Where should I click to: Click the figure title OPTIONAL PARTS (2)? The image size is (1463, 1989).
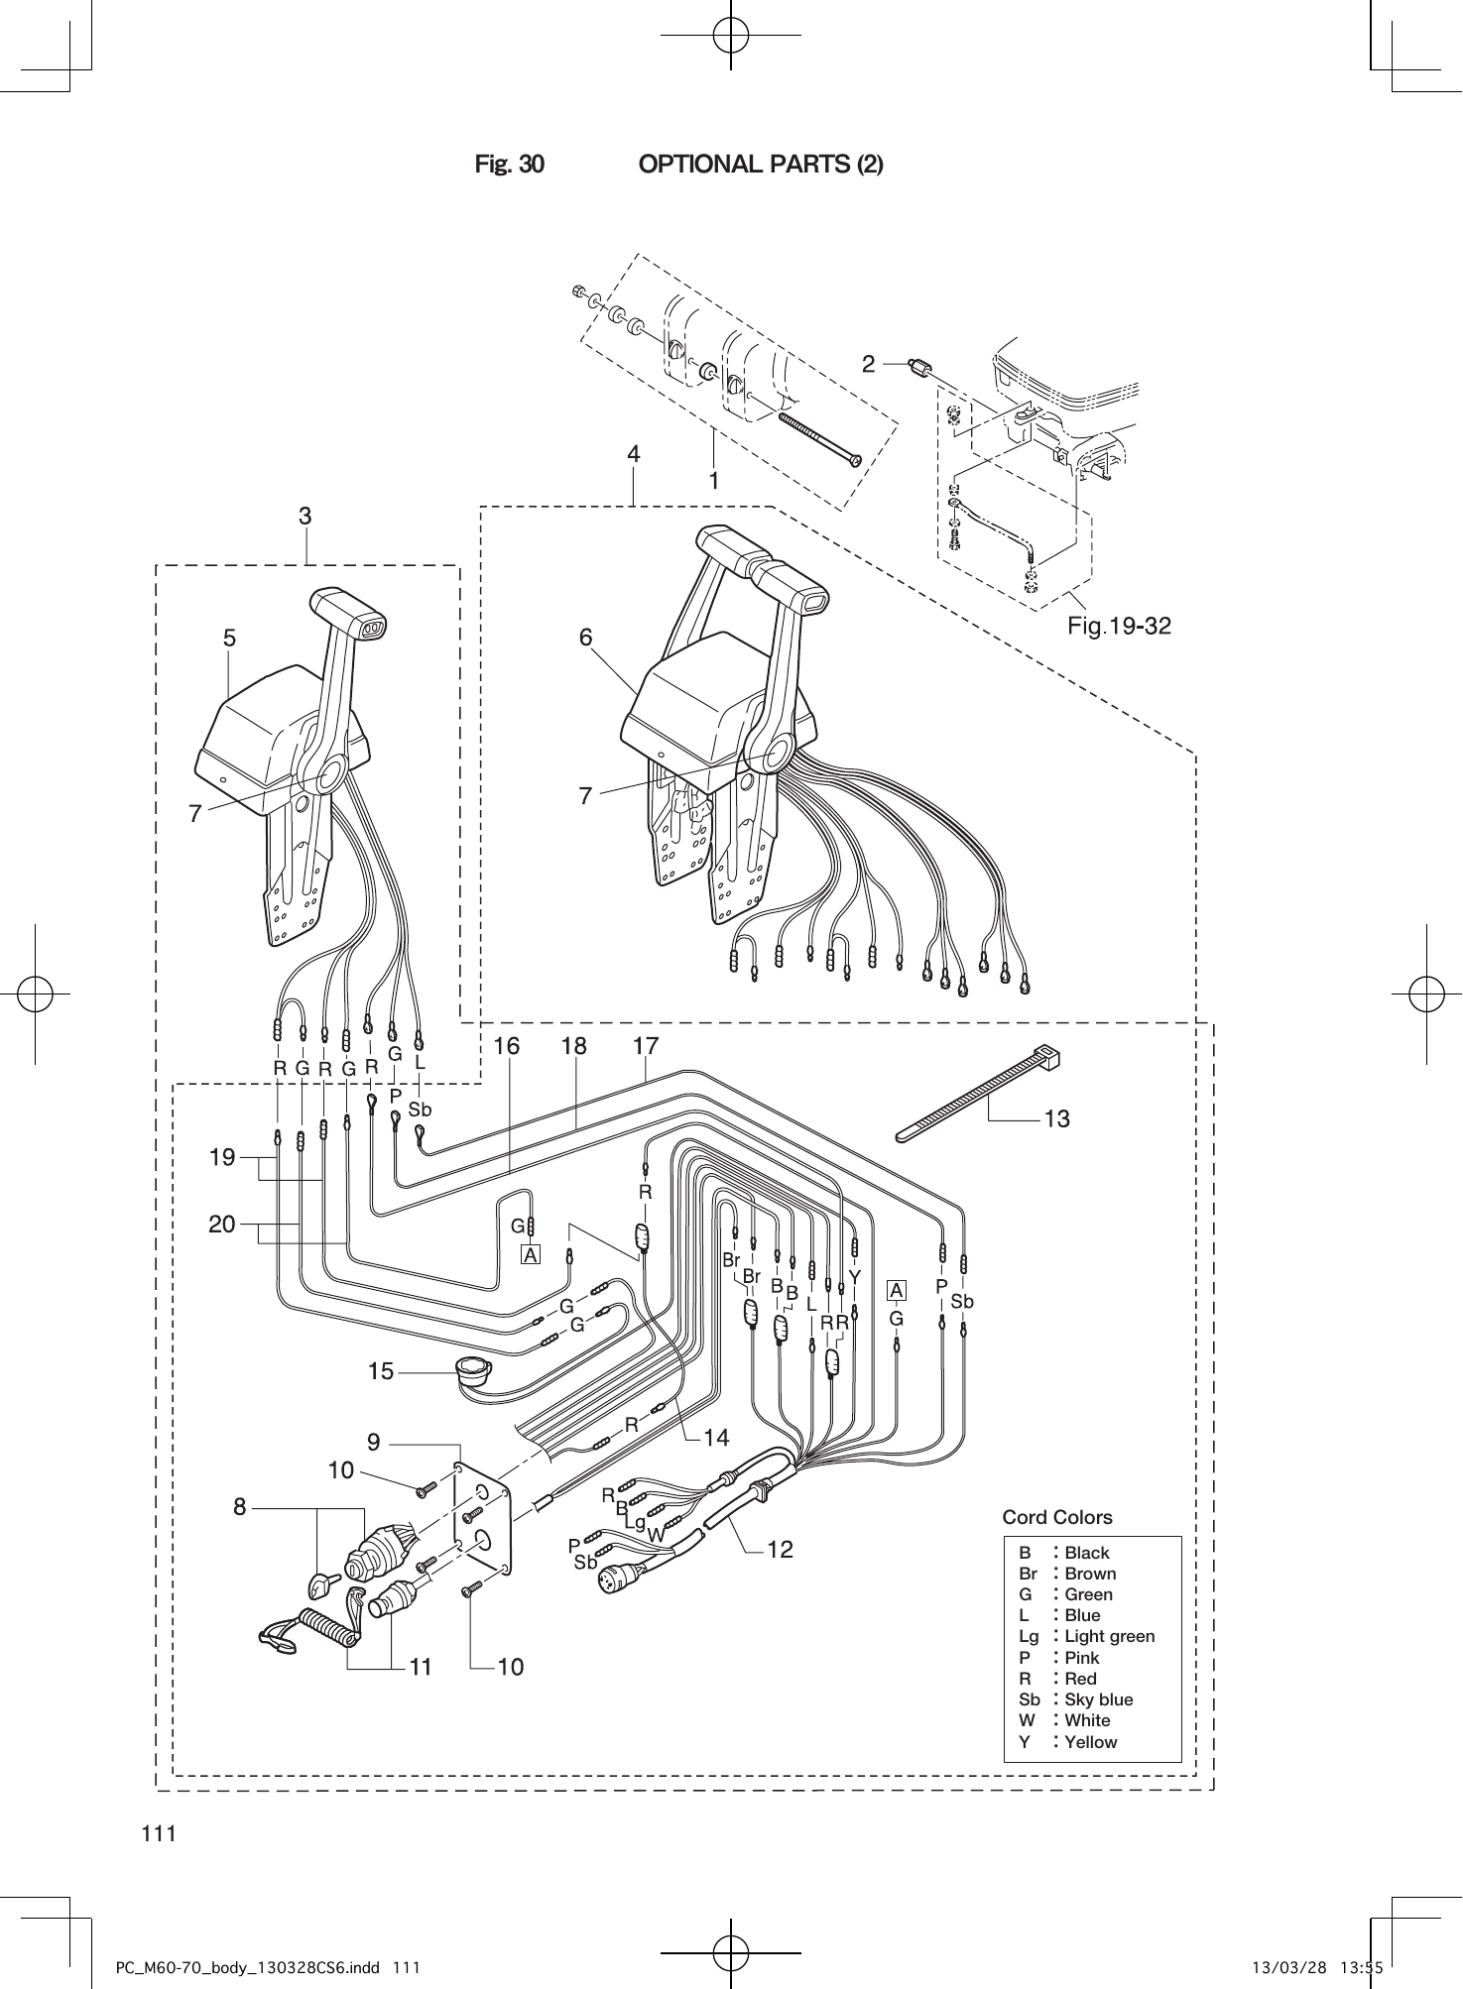[x=760, y=164]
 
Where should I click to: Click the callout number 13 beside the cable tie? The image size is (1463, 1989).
[x=1056, y=1119]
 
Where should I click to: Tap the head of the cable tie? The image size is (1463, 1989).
[x=1046, y=1055]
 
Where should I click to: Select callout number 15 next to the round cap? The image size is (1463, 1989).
[x=381, y=1372]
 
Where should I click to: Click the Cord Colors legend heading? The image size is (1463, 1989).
[x=1056, y=1517]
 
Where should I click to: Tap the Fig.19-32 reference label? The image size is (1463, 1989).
[x=1119, y=626]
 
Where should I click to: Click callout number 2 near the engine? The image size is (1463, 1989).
[x=869, y=364]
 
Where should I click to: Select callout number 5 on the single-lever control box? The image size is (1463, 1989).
[x=229, y=639]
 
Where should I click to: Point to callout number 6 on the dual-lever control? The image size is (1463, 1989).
[x=586, y=638]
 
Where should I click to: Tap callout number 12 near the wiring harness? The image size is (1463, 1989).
[x=781, y=1549]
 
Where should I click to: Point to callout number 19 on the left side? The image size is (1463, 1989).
[x=222, y=1157]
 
